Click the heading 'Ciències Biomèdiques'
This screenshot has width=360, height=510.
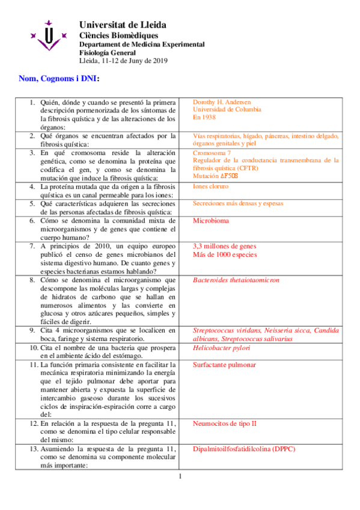115,35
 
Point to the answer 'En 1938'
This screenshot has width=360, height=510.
204,118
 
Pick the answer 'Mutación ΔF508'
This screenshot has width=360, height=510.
216,176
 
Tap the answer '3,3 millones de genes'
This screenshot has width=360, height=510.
224,247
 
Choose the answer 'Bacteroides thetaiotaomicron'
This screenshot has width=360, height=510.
236,280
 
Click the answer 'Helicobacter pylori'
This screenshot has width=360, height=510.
221,348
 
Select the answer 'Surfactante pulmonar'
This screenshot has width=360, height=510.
224,365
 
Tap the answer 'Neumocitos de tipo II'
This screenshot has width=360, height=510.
225,423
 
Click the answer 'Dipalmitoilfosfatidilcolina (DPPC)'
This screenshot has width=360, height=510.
244,449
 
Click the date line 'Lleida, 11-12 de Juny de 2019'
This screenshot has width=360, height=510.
123,60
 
